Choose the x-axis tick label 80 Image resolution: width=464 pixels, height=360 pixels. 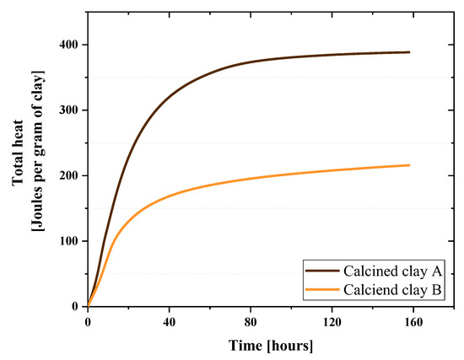point(250,322)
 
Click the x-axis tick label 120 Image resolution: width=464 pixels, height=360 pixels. point(331,322)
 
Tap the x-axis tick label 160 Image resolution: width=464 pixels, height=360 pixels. point(412,322)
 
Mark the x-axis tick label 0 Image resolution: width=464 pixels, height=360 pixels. point(88,322)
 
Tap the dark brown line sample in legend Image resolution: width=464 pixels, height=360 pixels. point(322,271)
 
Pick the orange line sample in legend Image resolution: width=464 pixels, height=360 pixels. point(322,290)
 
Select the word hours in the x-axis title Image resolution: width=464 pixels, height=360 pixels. point(295,347)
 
